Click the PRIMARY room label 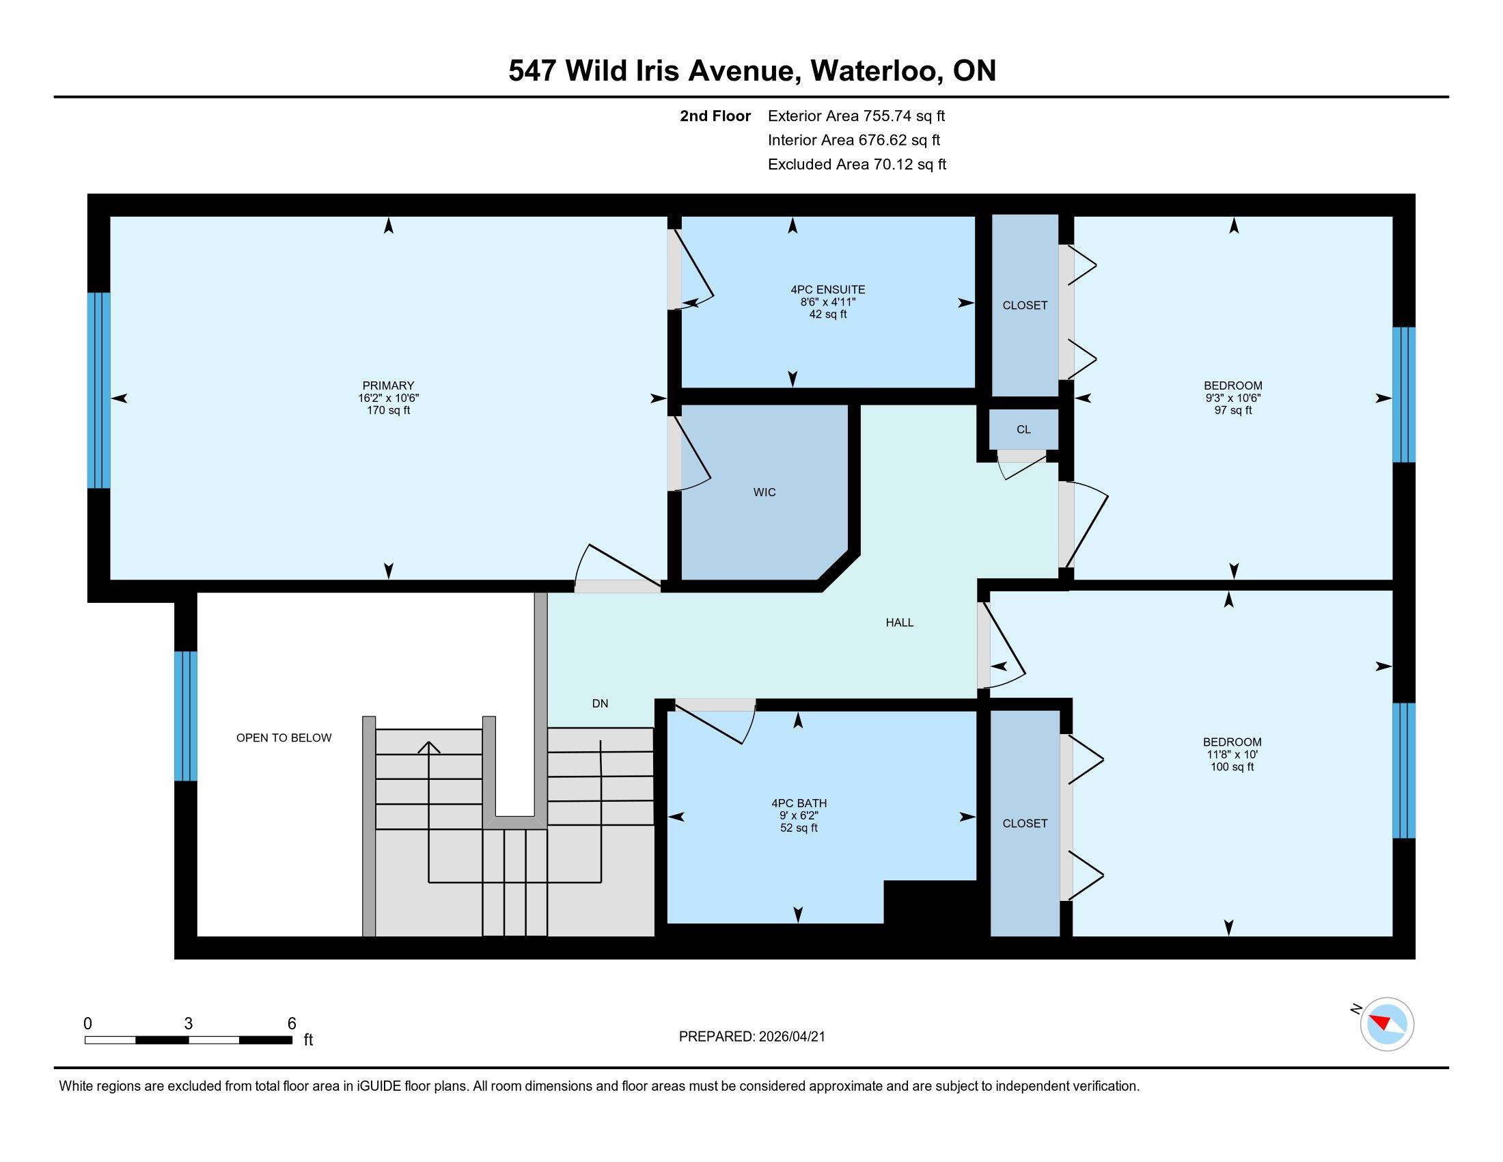tap(388, 386)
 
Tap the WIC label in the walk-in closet tap(764, 492)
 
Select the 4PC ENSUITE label tap(828, 290)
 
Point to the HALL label tap(900, 622)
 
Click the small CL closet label tap(1023, 429)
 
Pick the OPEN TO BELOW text tap(284, 738)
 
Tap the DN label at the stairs tap(600, 703)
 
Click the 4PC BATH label tap(799, 802)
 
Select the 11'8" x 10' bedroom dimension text tap(1232, 754)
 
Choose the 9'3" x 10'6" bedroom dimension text tap(1232, 398)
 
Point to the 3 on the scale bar tap(188, 1024)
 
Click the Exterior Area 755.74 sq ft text tap(856, 116)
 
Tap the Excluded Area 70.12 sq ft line tap(857, 164)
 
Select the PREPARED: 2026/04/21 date tap(751, 1037)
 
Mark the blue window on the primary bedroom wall tap(98, 390)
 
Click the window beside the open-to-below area tap(185, 716)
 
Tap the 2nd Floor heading tap(715, 116)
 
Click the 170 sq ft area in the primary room tap(388, 410)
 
